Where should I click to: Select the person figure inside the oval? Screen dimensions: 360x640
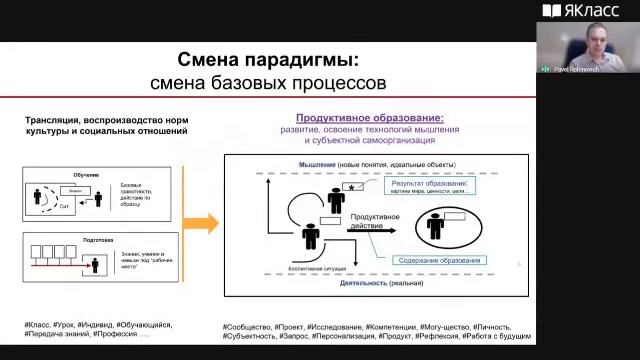[x=436, y=227]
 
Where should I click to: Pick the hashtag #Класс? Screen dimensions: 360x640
[x=41, y=325]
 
